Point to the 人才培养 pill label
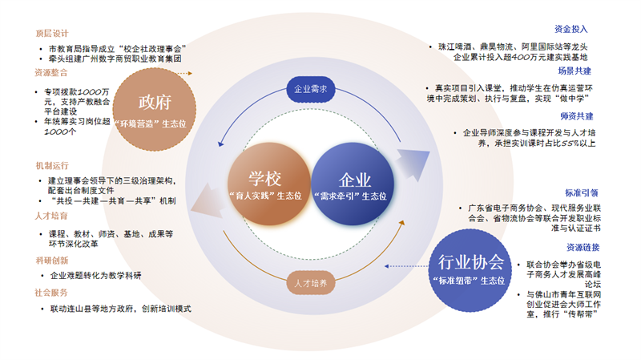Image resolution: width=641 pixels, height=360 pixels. coord(308,283)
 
